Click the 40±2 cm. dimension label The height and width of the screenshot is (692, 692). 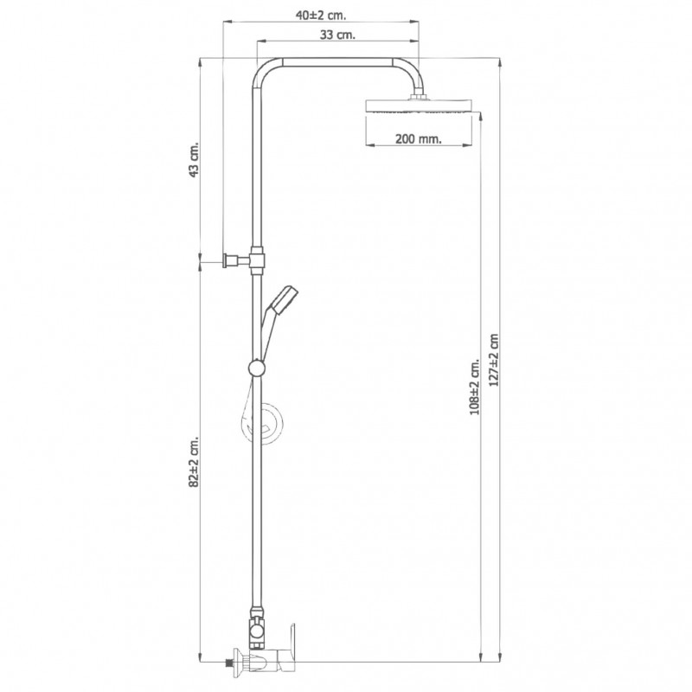pos(321,15)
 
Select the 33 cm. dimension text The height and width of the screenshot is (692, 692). pos(337,35)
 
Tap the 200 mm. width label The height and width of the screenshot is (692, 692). pos(418,139)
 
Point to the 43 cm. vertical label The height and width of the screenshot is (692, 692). pos(194,159)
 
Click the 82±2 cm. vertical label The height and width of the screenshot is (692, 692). pos(194,462)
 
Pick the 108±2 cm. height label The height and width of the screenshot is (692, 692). pos(474,387)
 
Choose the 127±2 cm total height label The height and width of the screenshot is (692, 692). pos(494,360)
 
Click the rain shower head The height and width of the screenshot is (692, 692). pos(419,106)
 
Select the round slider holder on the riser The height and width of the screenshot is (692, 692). pos(256,368)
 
